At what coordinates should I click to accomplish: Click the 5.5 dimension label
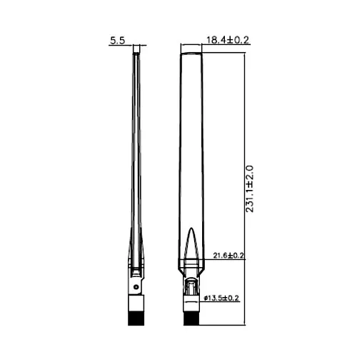(x=118, y=41)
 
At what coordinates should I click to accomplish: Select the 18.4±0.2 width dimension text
(x=228, y=40)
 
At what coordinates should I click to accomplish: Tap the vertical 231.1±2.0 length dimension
(x=249, y=188)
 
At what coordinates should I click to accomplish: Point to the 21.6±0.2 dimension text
(x=228, y=256)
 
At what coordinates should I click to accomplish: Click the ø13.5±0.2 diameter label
(x=221, y=298)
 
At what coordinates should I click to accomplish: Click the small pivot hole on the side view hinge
(x=136, y=287)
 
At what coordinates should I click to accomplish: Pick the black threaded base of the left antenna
(x=136, y=318)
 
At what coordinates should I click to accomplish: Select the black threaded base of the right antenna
(x=191, y=318)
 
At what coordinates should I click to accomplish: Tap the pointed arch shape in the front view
(x=191, y=243)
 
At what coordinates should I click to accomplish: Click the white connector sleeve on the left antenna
(x=136, y=303)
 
